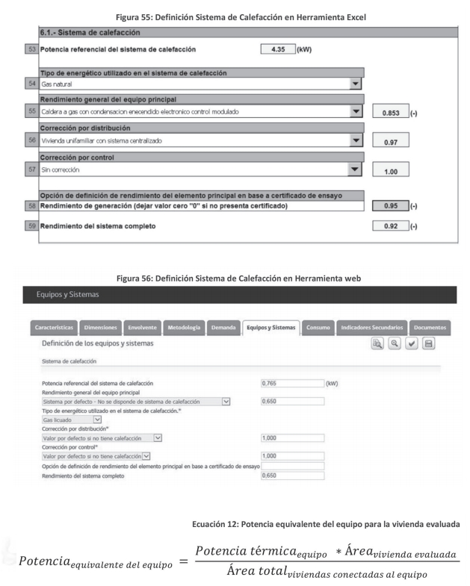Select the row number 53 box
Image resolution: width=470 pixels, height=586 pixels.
(31, 49)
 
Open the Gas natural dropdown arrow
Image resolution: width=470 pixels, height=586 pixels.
(356, 85)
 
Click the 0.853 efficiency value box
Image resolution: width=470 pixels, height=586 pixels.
(389, 112)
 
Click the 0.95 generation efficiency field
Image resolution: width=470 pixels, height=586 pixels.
(389, 205)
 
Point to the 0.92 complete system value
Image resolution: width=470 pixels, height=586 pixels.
(389, 225)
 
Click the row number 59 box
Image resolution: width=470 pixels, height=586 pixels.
(31, 225)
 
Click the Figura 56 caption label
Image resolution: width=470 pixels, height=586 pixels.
(235, 280)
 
